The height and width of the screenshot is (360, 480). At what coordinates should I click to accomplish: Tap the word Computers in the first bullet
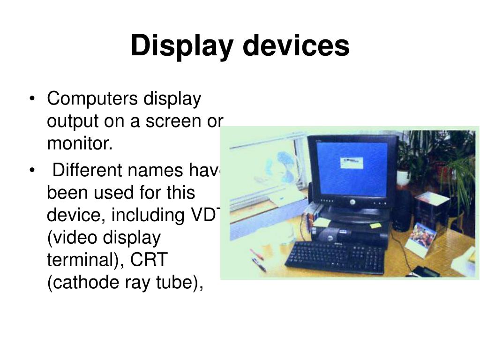tap(93, 99)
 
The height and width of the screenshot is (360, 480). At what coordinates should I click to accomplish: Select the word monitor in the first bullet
tap(80, 144)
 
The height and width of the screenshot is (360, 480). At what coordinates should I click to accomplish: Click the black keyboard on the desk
tap(335, 257)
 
